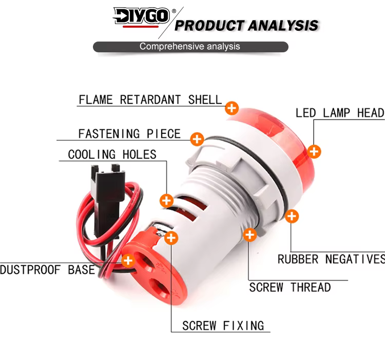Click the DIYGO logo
pos(141,16)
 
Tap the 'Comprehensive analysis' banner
pos(190,47)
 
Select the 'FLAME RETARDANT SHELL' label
pos(150,99)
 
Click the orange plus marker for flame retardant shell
pos(232,108)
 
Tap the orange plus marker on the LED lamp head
pos(314,151)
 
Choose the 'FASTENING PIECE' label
pos(129,134)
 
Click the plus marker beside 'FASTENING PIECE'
pos(197,138)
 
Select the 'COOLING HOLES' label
pos(112,154)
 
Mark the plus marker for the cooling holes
pos(166,200)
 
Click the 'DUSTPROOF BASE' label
pos(48,270)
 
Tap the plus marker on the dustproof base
pos(128,260)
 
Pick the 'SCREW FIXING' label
pos(223,325)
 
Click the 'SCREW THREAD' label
pos(290,287)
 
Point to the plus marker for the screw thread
pos(249,235)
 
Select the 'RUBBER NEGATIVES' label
pos(331,259)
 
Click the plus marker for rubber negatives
pos(292,216)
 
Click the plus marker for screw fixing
pos(171,238)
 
